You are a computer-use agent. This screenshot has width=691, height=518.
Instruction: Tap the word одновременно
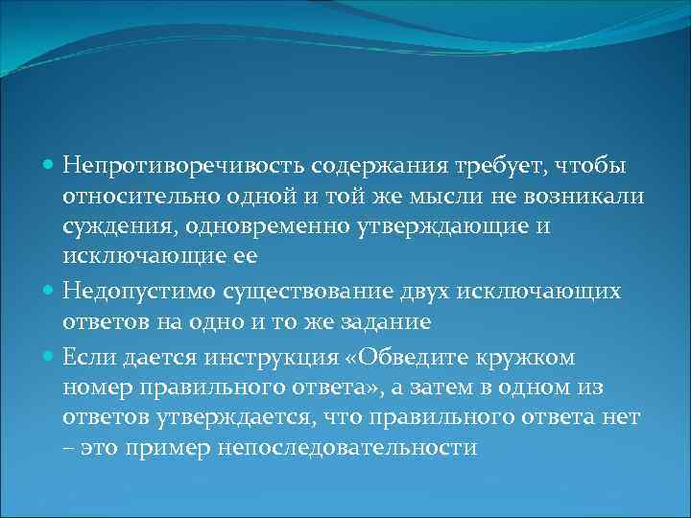pos(270,228)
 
